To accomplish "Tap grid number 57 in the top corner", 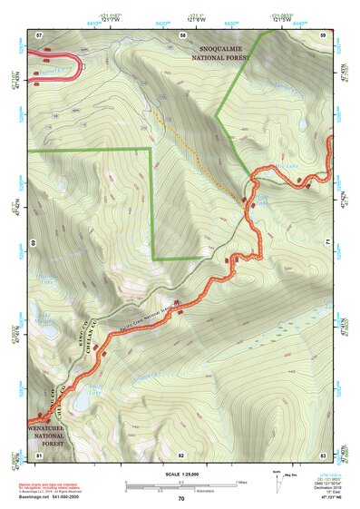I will [40, 34].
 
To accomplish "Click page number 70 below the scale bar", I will [181, 499].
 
